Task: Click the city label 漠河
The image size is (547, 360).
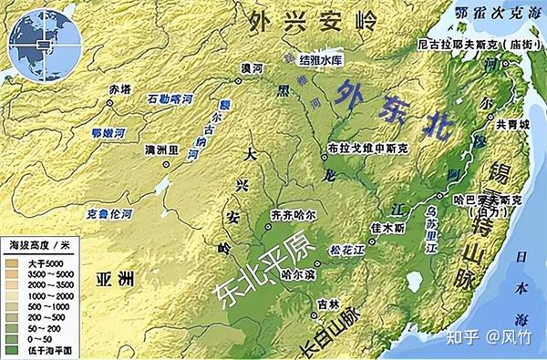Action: (251, 70)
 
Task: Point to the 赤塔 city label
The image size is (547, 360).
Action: (119, 89)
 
